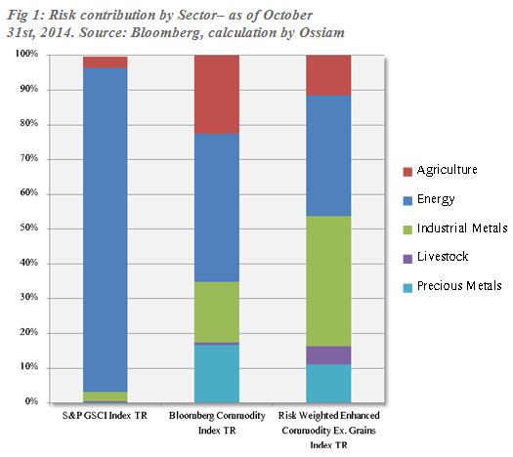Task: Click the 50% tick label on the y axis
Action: click(26, 228)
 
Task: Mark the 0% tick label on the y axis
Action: click(29, 401)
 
